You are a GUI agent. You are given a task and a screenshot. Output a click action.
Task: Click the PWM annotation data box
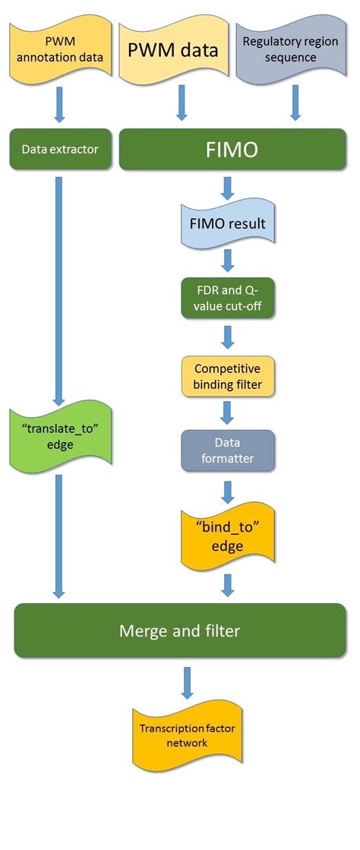[x=60, y=51]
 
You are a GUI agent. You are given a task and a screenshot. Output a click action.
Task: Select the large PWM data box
[x=172, y=51]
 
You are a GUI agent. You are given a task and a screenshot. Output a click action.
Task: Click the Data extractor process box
[x=60, y=150]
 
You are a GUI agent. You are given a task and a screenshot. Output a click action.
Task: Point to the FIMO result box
[x=227, y=226]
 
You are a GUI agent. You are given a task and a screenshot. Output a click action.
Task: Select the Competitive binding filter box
[x=227, y=377]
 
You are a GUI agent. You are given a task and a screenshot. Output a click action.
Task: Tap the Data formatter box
[x=227, y=451]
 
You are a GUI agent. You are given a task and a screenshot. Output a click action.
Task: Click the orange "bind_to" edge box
[x=227, y=538]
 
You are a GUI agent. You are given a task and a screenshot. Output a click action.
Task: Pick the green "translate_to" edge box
[x=60, y=436]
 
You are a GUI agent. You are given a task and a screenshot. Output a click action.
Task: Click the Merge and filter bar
[x=180, y=630]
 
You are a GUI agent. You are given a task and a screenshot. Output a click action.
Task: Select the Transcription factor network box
[x=180, y=733]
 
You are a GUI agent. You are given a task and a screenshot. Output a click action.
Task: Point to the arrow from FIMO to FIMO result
[x=227, y=186]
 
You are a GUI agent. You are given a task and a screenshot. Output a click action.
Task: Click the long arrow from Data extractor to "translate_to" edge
[x=60, y=289]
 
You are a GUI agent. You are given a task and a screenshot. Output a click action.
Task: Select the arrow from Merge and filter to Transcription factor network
[x=188, y=681]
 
